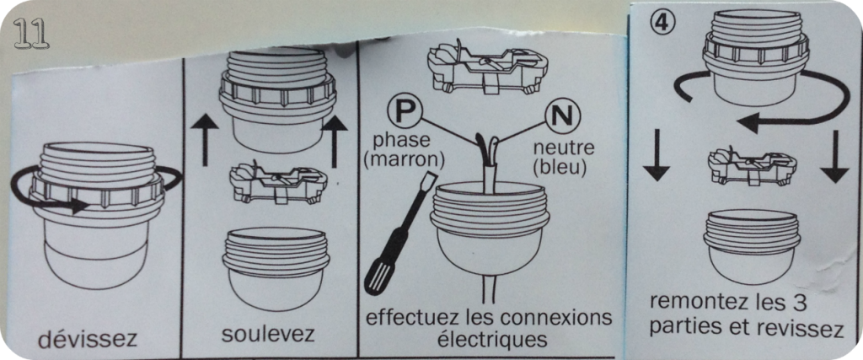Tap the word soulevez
tap(269, 334)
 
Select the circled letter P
tap(404, 111)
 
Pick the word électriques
tap(492, 339)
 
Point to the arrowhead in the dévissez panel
tap(79, 207)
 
